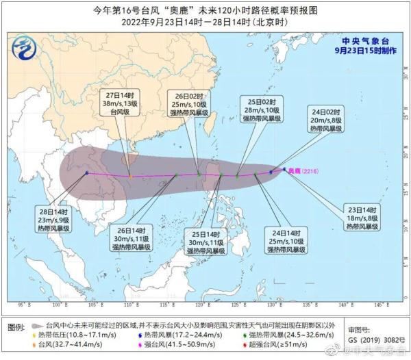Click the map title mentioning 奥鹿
click(x=206, y=9)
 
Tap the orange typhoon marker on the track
click(x=131, y=177)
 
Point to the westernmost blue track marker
click(x=86, y=173)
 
